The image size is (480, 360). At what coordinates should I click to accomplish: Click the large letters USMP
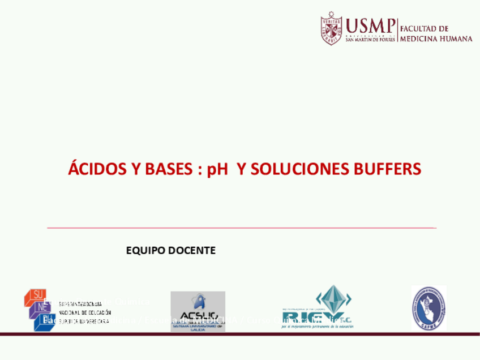pos(370,25)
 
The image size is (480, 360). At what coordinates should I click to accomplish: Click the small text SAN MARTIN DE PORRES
pos(370,40)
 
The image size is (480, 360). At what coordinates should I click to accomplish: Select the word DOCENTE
pos(192,250)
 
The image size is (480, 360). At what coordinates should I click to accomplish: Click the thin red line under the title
pos(241,228)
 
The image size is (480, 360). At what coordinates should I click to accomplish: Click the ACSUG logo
pos(198,310)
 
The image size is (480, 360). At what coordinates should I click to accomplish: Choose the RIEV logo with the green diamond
pos(316,309)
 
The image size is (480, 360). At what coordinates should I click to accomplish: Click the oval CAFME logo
pos(428,308)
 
